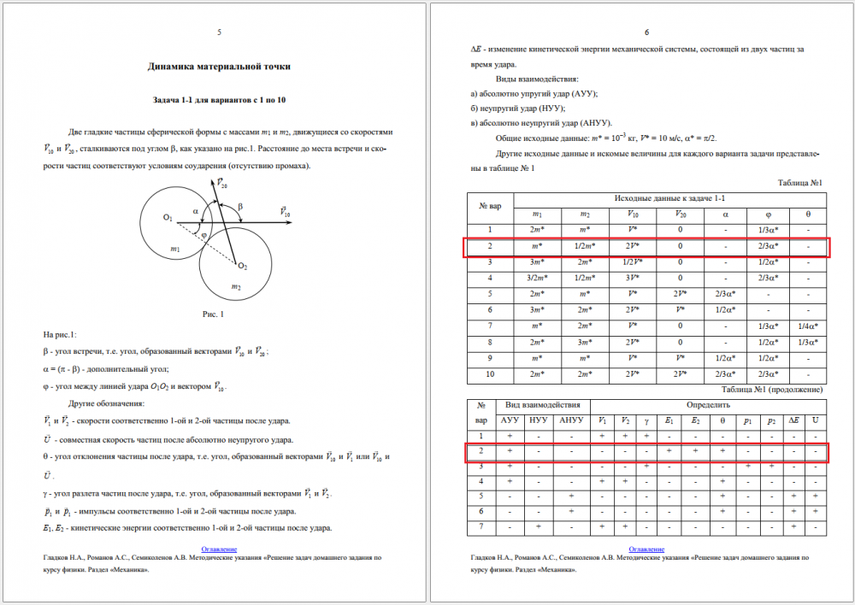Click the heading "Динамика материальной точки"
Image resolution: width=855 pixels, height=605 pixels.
click(220, 66)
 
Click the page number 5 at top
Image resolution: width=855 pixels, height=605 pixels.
click(220, 32)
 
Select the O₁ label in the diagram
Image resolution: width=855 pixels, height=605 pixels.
click(168, 219)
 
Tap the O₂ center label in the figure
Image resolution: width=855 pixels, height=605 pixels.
click(243, 266)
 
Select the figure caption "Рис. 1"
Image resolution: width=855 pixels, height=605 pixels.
click(210, 314)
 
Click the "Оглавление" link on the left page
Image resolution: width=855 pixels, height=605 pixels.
click(220, 549)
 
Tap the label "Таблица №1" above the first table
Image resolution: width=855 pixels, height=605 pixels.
click(799, 183)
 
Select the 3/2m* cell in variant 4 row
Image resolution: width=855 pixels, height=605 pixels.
click(537, 278)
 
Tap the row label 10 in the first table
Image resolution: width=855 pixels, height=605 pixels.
click(490, 373)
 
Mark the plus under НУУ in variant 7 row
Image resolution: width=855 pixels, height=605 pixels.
click(539, 526)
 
